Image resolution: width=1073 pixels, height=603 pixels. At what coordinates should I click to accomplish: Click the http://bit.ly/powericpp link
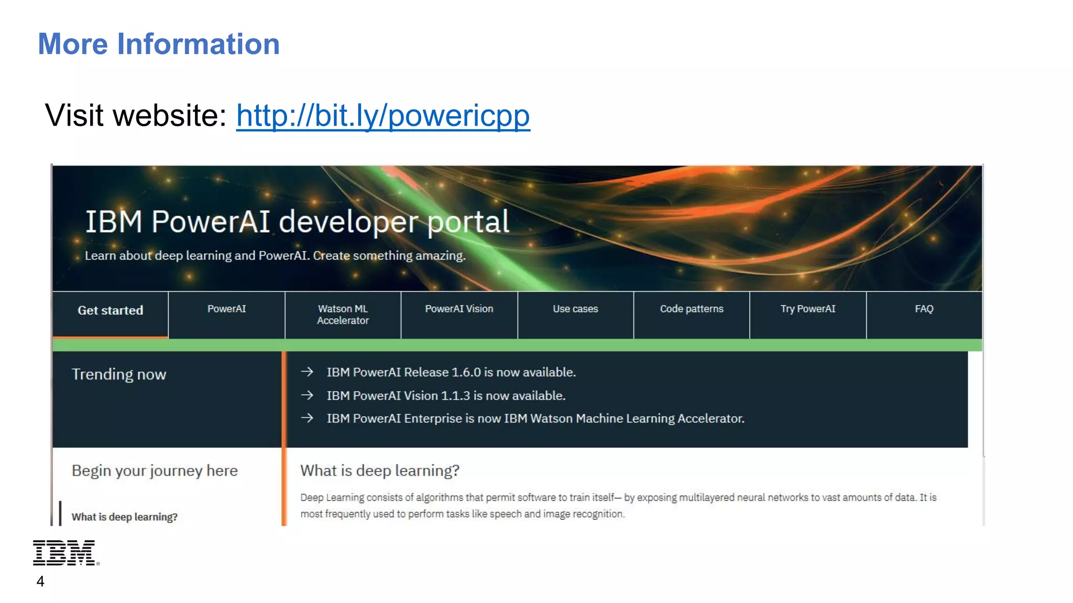pyautogui.click(x=383, y=115)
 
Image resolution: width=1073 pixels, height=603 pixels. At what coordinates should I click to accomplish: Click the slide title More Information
pyautogui.click(x=159, y=44)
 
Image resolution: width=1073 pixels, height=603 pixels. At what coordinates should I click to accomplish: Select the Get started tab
pyautogui.click(x=111, y=310)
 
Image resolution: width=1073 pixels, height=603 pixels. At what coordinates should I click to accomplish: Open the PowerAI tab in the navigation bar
pyautogui.click(x=226, y=309)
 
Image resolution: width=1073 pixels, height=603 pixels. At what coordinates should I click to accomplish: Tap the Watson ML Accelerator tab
pyautogui.click(x=343, y=315)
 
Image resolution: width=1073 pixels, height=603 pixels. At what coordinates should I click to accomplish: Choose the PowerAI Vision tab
pyautogui.click(x=459, y=309)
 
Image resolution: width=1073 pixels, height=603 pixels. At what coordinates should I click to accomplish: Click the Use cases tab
pyautogui.click(x=575, y=309)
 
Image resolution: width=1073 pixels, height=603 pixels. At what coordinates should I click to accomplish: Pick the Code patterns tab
pyautogui.click(x=692, y=309)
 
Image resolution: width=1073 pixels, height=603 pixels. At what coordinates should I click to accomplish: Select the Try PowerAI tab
pyautogui.click(x=808, y=309)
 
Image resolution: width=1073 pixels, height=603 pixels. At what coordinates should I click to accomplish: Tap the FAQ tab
pyautogui.click(x=924, y=309)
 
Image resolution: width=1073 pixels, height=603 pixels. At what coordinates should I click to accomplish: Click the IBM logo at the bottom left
pyautogui.click(x=65, y=553)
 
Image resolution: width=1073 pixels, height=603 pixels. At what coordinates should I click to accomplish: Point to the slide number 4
pyautogui.click(x=40, y=582)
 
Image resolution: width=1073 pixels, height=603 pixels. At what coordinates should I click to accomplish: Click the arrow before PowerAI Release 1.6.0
pyautogui.click(x=308, y=372)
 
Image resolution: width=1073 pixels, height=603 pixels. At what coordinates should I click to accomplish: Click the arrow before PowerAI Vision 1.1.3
pyautogui.click(x=308, y=395)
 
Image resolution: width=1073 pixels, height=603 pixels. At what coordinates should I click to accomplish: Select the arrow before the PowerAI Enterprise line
pyautogui.click(x=308, y=418)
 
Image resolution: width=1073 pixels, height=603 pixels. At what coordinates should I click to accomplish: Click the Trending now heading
pyautogui.click(x=119, y=374)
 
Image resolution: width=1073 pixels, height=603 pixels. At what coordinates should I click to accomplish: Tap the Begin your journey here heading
pyautogui.click(x=155, y=471)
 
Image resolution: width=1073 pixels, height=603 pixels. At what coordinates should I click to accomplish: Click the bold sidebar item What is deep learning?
pyautogui.click(x=125, y=517)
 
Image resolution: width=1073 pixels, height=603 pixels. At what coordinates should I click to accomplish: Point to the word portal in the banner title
pyautogui.click(x=468, y=222)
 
